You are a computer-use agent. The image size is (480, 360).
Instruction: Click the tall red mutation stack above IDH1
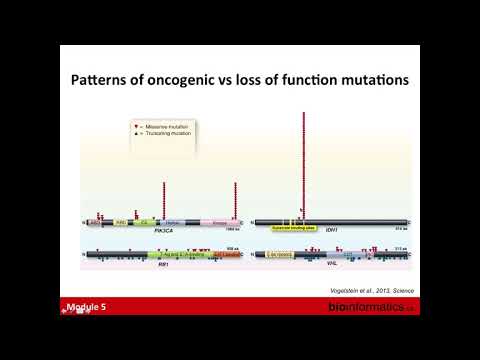pos(304,160)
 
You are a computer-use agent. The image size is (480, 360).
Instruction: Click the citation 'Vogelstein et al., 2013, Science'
pos(369,288)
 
